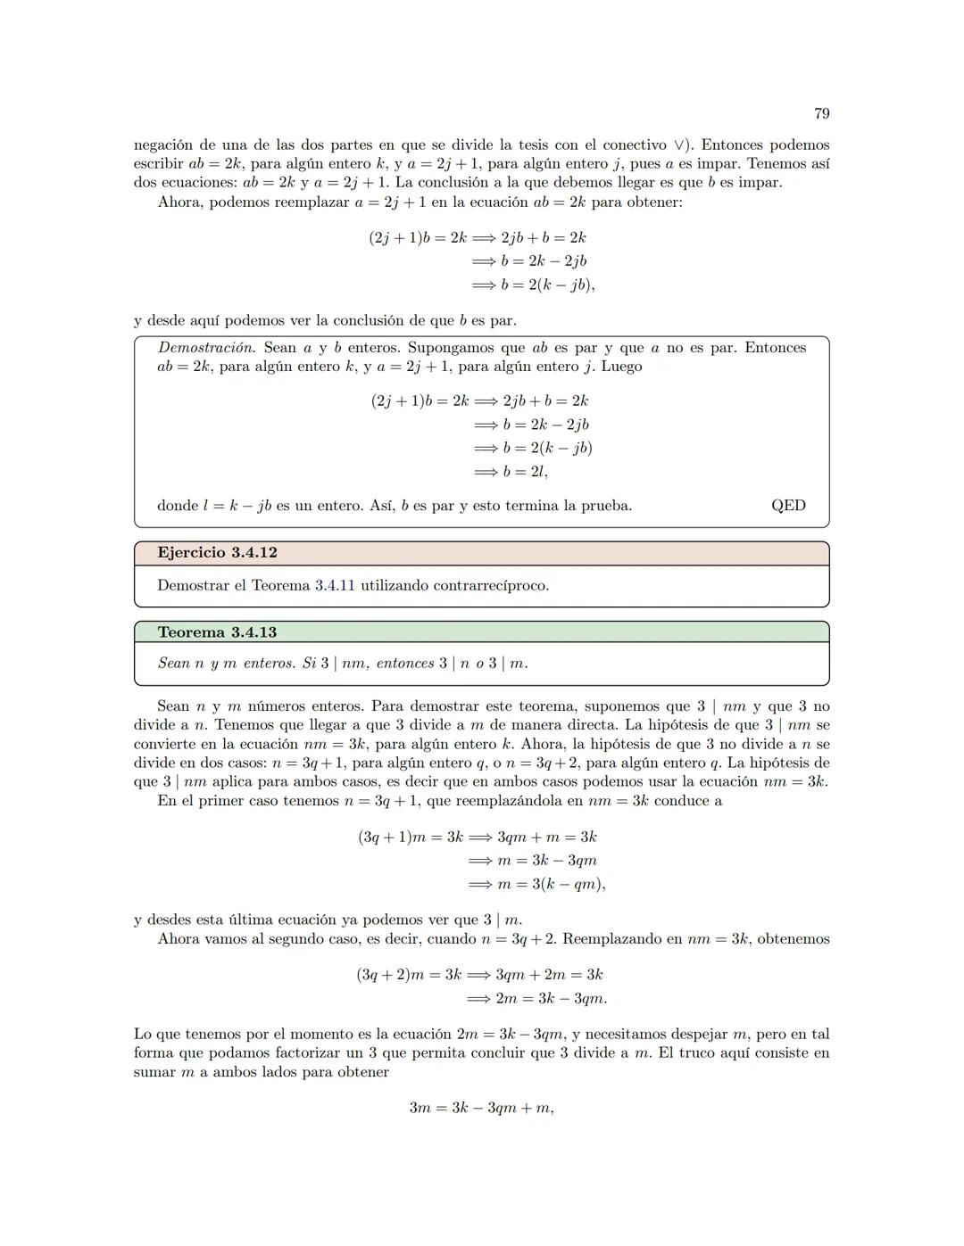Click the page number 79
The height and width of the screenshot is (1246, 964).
click(x=822, y=113)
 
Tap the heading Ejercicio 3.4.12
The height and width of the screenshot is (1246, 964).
click(x=217, y=553)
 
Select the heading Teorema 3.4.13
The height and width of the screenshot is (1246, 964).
click(x=217, y=632)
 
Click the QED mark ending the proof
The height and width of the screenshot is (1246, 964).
click(x=788, y=506)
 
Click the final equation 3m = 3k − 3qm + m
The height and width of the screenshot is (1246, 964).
click(x=481, y=1108)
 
